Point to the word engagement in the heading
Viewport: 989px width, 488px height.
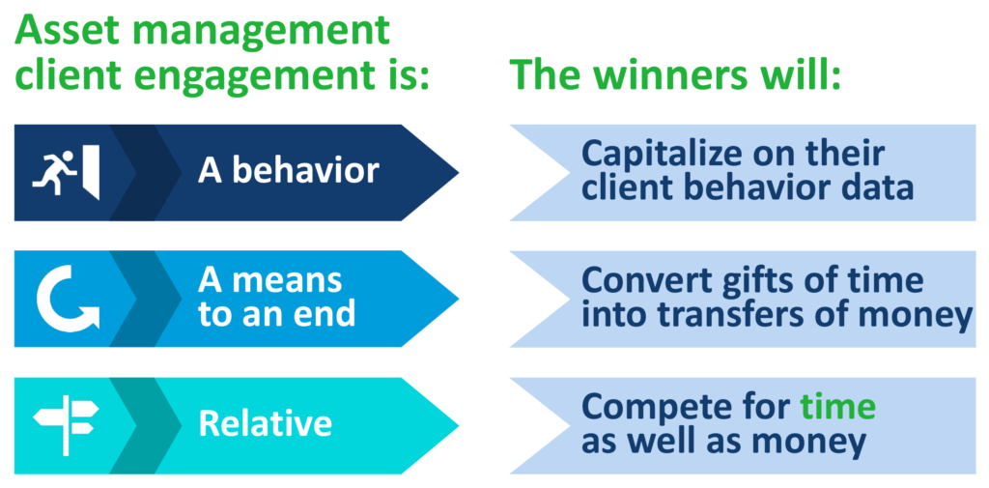click(x=242, y=75)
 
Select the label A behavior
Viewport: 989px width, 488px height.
click(x=288, y=172)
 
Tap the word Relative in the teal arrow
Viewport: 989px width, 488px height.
click(x=265, y=424)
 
